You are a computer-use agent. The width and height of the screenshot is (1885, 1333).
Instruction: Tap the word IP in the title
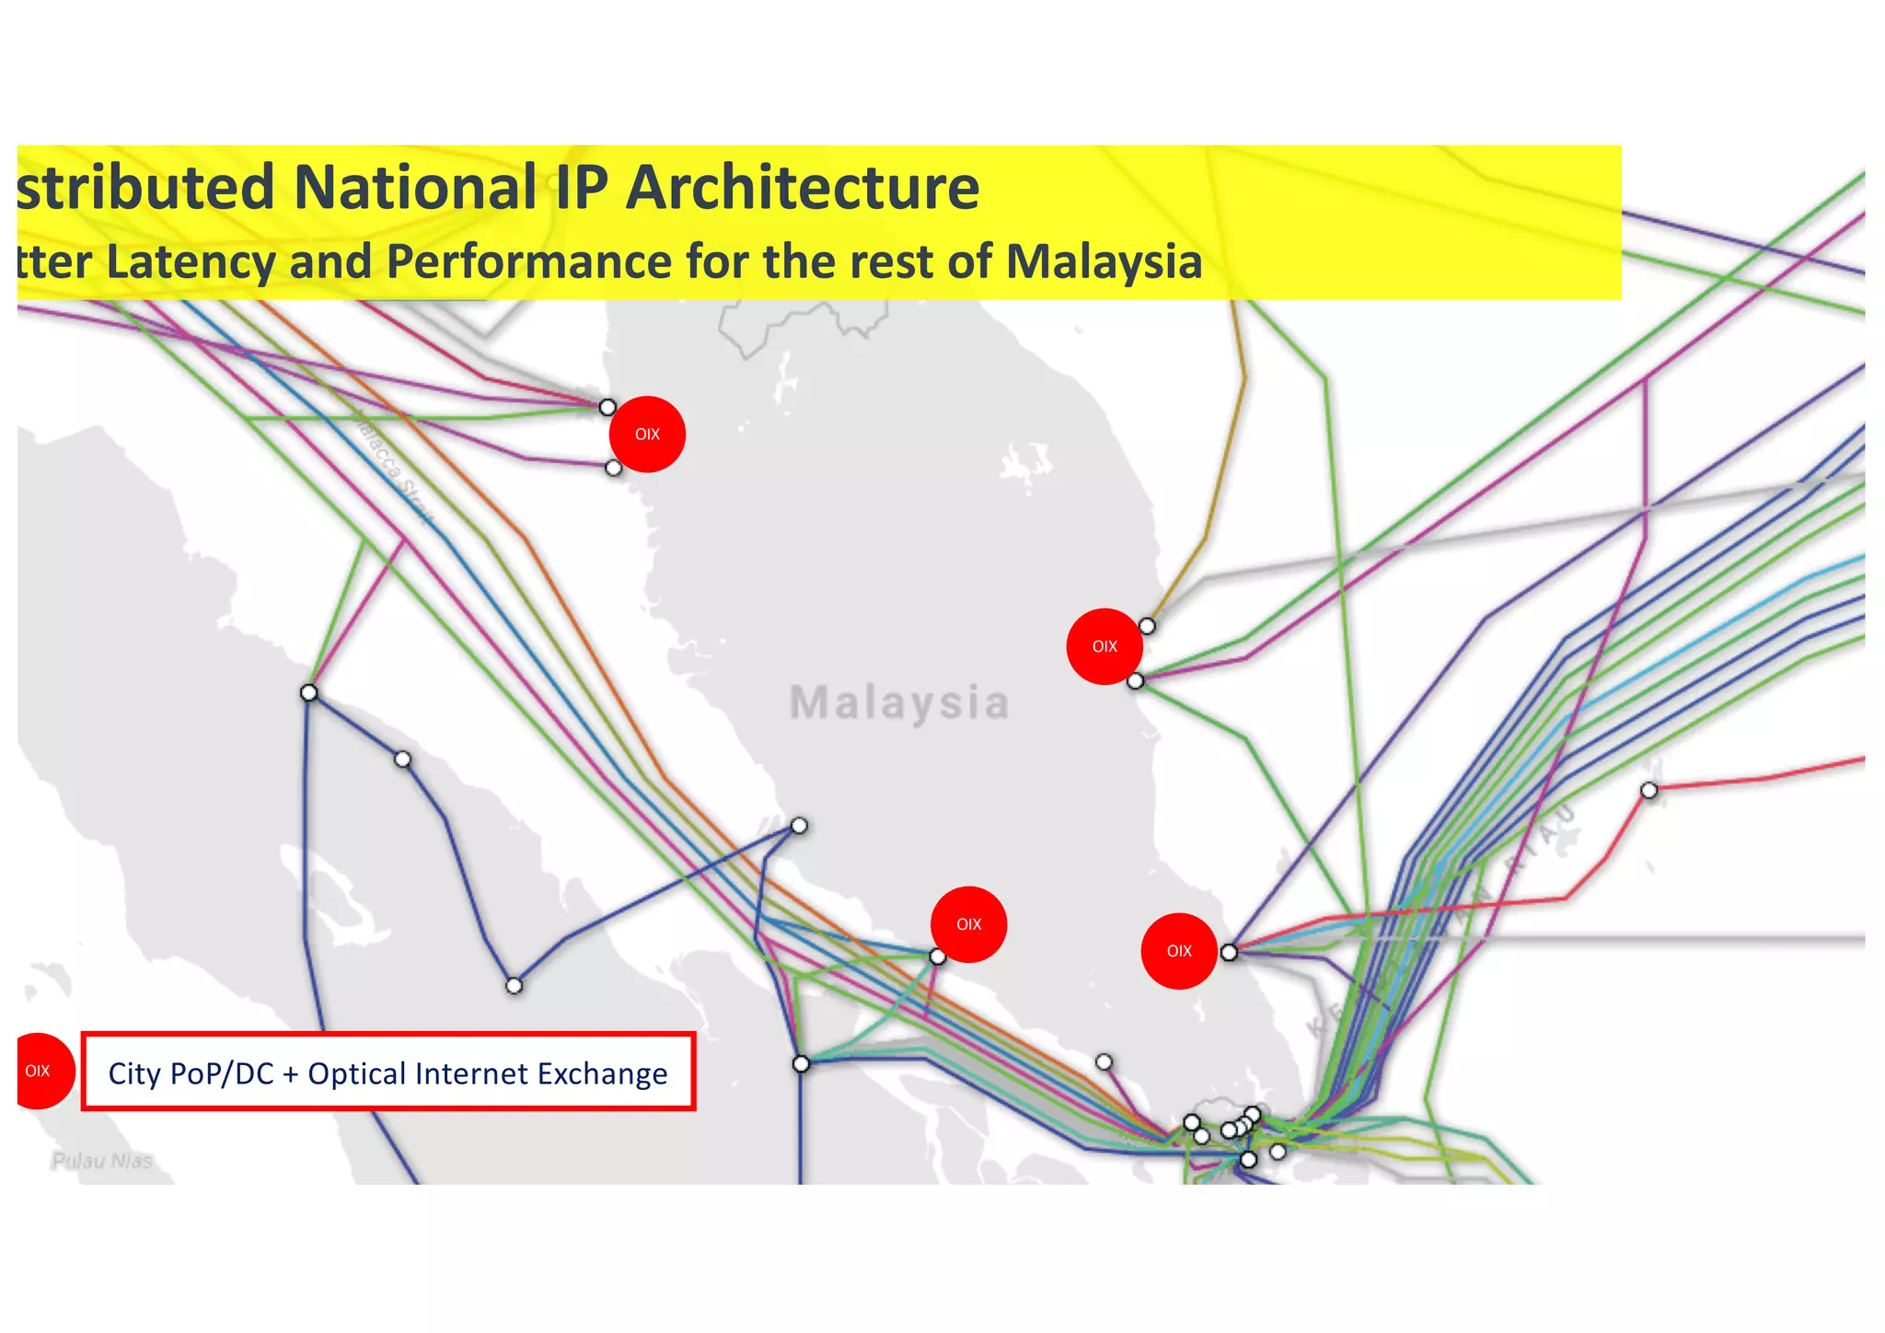pyautogui.click(x=580, y=188)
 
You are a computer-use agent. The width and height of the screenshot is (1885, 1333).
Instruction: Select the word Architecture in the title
pyautogui.click(x=802, y=188)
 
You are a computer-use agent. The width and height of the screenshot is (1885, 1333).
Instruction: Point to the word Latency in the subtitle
pyautogui.click(x=191, y=261)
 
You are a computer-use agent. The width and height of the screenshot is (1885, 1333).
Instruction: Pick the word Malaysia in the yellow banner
pyautogui.click(x=1104, y=261)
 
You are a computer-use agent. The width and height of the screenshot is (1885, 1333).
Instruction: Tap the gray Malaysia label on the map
pyautogui.click(x=899, y=703)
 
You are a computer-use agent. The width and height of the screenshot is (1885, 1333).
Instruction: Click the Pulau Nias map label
pyautogui.click(x=102, y=1161)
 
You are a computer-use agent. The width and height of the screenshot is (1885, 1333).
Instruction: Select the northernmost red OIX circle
pyautogui.click(x=647, y=435)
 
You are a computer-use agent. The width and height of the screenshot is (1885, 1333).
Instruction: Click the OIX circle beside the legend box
pyautogui.click(x=39, y=1071)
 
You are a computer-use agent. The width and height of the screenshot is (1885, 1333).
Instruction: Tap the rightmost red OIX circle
pyautogui.click(x=1179, y=951)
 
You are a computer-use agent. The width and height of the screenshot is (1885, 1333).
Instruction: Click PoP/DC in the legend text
pyautogui.click(x=224, y=1073)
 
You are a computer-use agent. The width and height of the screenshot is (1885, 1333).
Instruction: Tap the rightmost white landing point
pyautogui.click(x=1648, y=790)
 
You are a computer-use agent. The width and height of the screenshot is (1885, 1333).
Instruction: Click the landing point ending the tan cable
pyautogui.click(x=1147, y=626)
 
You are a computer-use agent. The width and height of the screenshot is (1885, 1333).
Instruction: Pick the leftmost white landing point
pyautogui.click(x=309, y=692)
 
